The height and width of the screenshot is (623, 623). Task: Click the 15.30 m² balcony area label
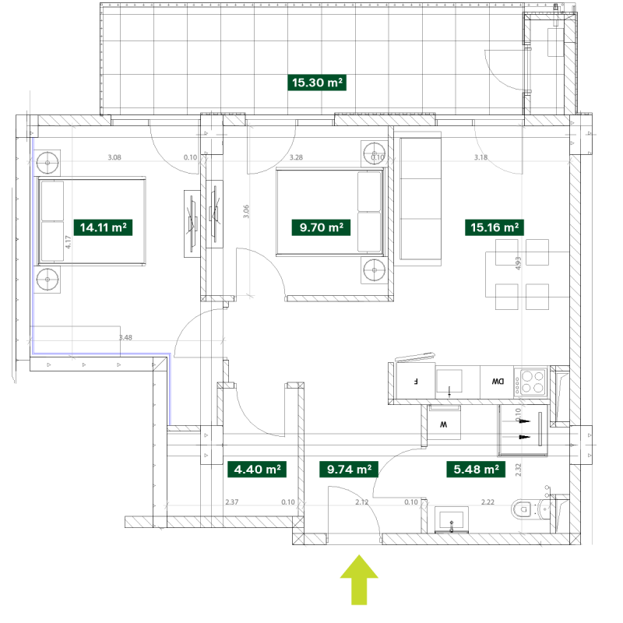(318, 83)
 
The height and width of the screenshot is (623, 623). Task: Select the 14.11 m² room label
(103, 227)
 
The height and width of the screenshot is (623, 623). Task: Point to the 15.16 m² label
(495, 227)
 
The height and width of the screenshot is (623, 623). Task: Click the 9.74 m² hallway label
(348, 470)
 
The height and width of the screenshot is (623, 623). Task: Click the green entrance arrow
(359, 579)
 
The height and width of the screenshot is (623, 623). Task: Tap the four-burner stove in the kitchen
(533, 382)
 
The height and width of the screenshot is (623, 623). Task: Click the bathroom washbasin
(452, 519)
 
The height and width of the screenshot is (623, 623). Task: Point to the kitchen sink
(449, 381)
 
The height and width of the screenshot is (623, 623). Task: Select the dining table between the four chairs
(516, 273)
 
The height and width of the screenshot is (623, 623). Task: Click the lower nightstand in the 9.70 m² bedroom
(374, 269)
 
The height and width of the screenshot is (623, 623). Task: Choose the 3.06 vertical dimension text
(247, 211)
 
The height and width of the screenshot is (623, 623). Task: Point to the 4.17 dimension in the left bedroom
(69, 242)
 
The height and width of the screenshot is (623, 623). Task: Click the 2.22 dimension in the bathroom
(488, 503)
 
